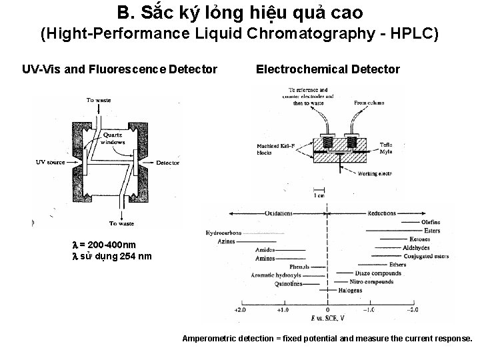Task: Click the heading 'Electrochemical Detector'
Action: [327, 69]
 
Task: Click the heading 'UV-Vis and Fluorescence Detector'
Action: [119, 69]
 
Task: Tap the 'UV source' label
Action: [49, 162]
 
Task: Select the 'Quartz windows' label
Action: [113, 138]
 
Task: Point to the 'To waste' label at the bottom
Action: [121, 223]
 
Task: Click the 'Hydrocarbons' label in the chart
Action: [223, 233]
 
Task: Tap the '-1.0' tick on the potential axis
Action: [368, 311]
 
